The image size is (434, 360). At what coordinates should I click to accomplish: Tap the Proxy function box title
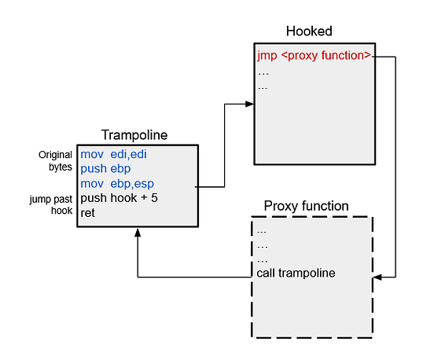(x=306, y=206)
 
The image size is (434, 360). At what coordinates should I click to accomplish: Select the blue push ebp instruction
(x=105, y=168)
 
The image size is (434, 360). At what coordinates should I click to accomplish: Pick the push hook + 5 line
(x=119, y=197)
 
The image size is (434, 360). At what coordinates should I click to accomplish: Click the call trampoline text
(x=296, y=273)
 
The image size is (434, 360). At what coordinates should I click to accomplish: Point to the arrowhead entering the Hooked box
(x=250, y=103)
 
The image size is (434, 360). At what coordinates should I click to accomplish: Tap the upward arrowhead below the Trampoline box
(x=138, y=233)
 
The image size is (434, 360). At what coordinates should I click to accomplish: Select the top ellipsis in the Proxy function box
(x=263, y=230)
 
